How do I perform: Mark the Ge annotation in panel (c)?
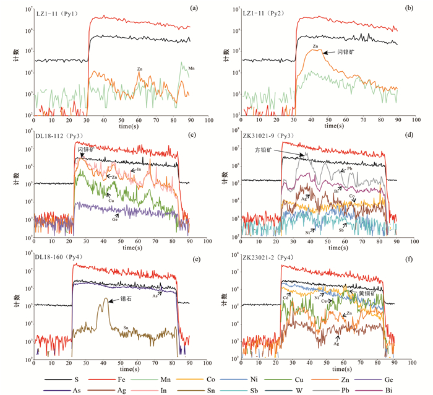pos(115,219)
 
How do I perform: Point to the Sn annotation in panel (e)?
pos(127,328)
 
